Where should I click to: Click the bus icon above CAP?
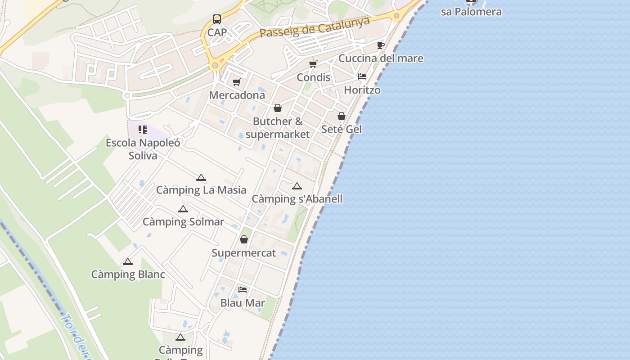pyautogui.click(x=217, y=19)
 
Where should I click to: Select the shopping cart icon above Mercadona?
pyautogui.click(x=237, y=82)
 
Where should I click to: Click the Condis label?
pyautogui.click(x=314, y=77)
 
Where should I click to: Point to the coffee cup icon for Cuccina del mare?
pyautogui.click(x=380, y=45)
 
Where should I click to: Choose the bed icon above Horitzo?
pyautogui.click(x=362, y=76)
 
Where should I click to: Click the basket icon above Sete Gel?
pyautogui.click(x=342, y=116)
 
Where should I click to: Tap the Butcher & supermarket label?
pyautogui.click(x=278, y=128)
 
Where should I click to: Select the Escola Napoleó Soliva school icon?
pyautogui.click(x=143, y=130)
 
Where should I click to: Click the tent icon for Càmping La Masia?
pyautogui.click(x=201, y=177)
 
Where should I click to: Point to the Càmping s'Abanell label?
pyautogui.click(x=297, y=199)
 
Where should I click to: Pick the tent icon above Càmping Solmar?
pyautogui.click(x=183, y=209)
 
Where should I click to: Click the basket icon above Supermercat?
pyautogui.click(x=244, y=239)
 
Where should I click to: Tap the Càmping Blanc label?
pyautogui.click(x=128, y=274)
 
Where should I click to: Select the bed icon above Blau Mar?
pyautogui.click(x=243, y=289)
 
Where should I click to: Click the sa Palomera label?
pyautogui.click(x=471, y=12)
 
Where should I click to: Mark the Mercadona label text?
pyautogui.click(x=237, y=95)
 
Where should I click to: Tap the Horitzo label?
pyautogui.click(x=362, y=90)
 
